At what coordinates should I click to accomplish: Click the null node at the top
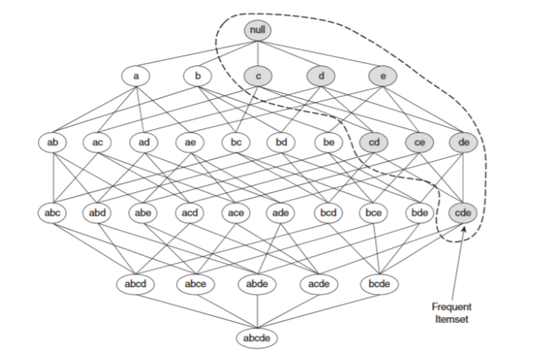pyautogui.click(x=258, y=30)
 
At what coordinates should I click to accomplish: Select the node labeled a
pyautogui.click(x=135, y=76)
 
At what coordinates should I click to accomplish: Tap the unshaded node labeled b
pyautogui.click(x=198, y=76)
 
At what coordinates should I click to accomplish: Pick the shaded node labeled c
pyautogui.click(x=258, y=76)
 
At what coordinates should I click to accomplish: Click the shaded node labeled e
pyautogui.click(x=382, y=76)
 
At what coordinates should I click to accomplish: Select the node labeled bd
pyautogui.click(x=281, y=142)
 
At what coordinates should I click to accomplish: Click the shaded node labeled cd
pyautogui.click(x=373, y=142)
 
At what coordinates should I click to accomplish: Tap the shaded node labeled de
pyautogui.click(x=464, y=142)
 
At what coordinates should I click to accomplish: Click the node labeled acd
pyautogui.click(x=190, y=211)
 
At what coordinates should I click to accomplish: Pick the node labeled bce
pyautogui.click(x=373, y=211)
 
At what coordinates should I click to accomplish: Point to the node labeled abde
pyautogui.click(x=258, y=284)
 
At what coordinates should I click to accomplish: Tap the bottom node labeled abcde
pyautogui.click(x=258, y=338)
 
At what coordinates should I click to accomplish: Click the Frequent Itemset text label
pyautogui.click(x=452, y=312)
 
